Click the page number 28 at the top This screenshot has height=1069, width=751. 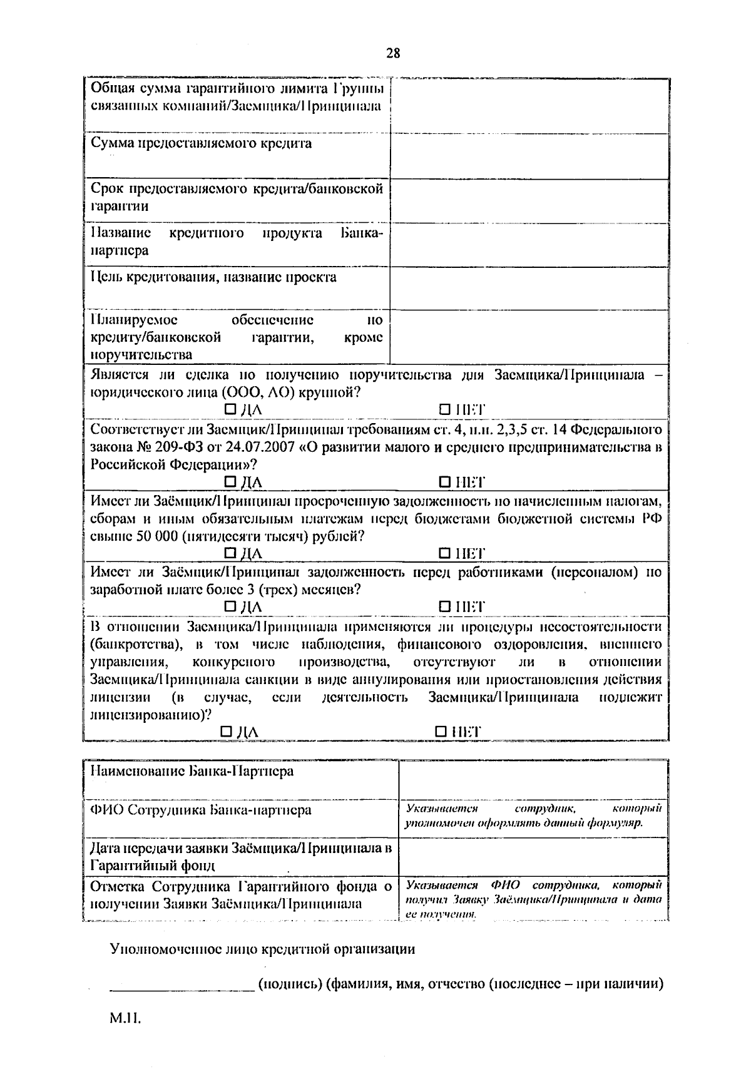pos(393,53)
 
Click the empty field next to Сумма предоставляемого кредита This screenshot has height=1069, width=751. pos(529,156)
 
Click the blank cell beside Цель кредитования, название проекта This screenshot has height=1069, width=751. pos(529,289)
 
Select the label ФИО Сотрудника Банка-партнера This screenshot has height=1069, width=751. pos(201,810)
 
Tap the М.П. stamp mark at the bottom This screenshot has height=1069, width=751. pos(126,1019)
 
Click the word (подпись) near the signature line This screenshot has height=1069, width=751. pos(289,984)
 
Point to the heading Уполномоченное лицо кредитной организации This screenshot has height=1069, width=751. pos(262,949)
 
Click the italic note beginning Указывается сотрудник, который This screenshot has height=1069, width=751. pos(533,816)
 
